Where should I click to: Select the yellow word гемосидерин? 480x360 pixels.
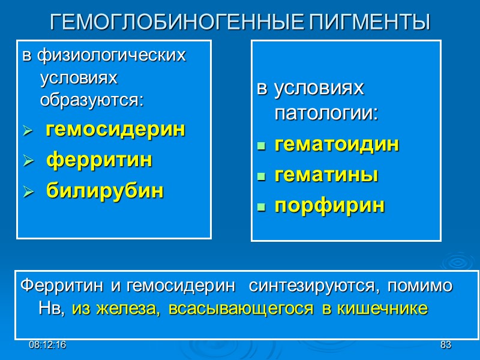116,130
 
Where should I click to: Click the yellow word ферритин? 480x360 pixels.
99,160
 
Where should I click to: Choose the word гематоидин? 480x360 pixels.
337,145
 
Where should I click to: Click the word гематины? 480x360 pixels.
326,175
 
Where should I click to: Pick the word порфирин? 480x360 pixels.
329,206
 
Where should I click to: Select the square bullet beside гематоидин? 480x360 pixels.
260,146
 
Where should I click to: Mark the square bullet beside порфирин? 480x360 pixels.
260,207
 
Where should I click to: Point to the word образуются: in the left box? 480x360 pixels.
92,100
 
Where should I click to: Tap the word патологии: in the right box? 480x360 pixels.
326,113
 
